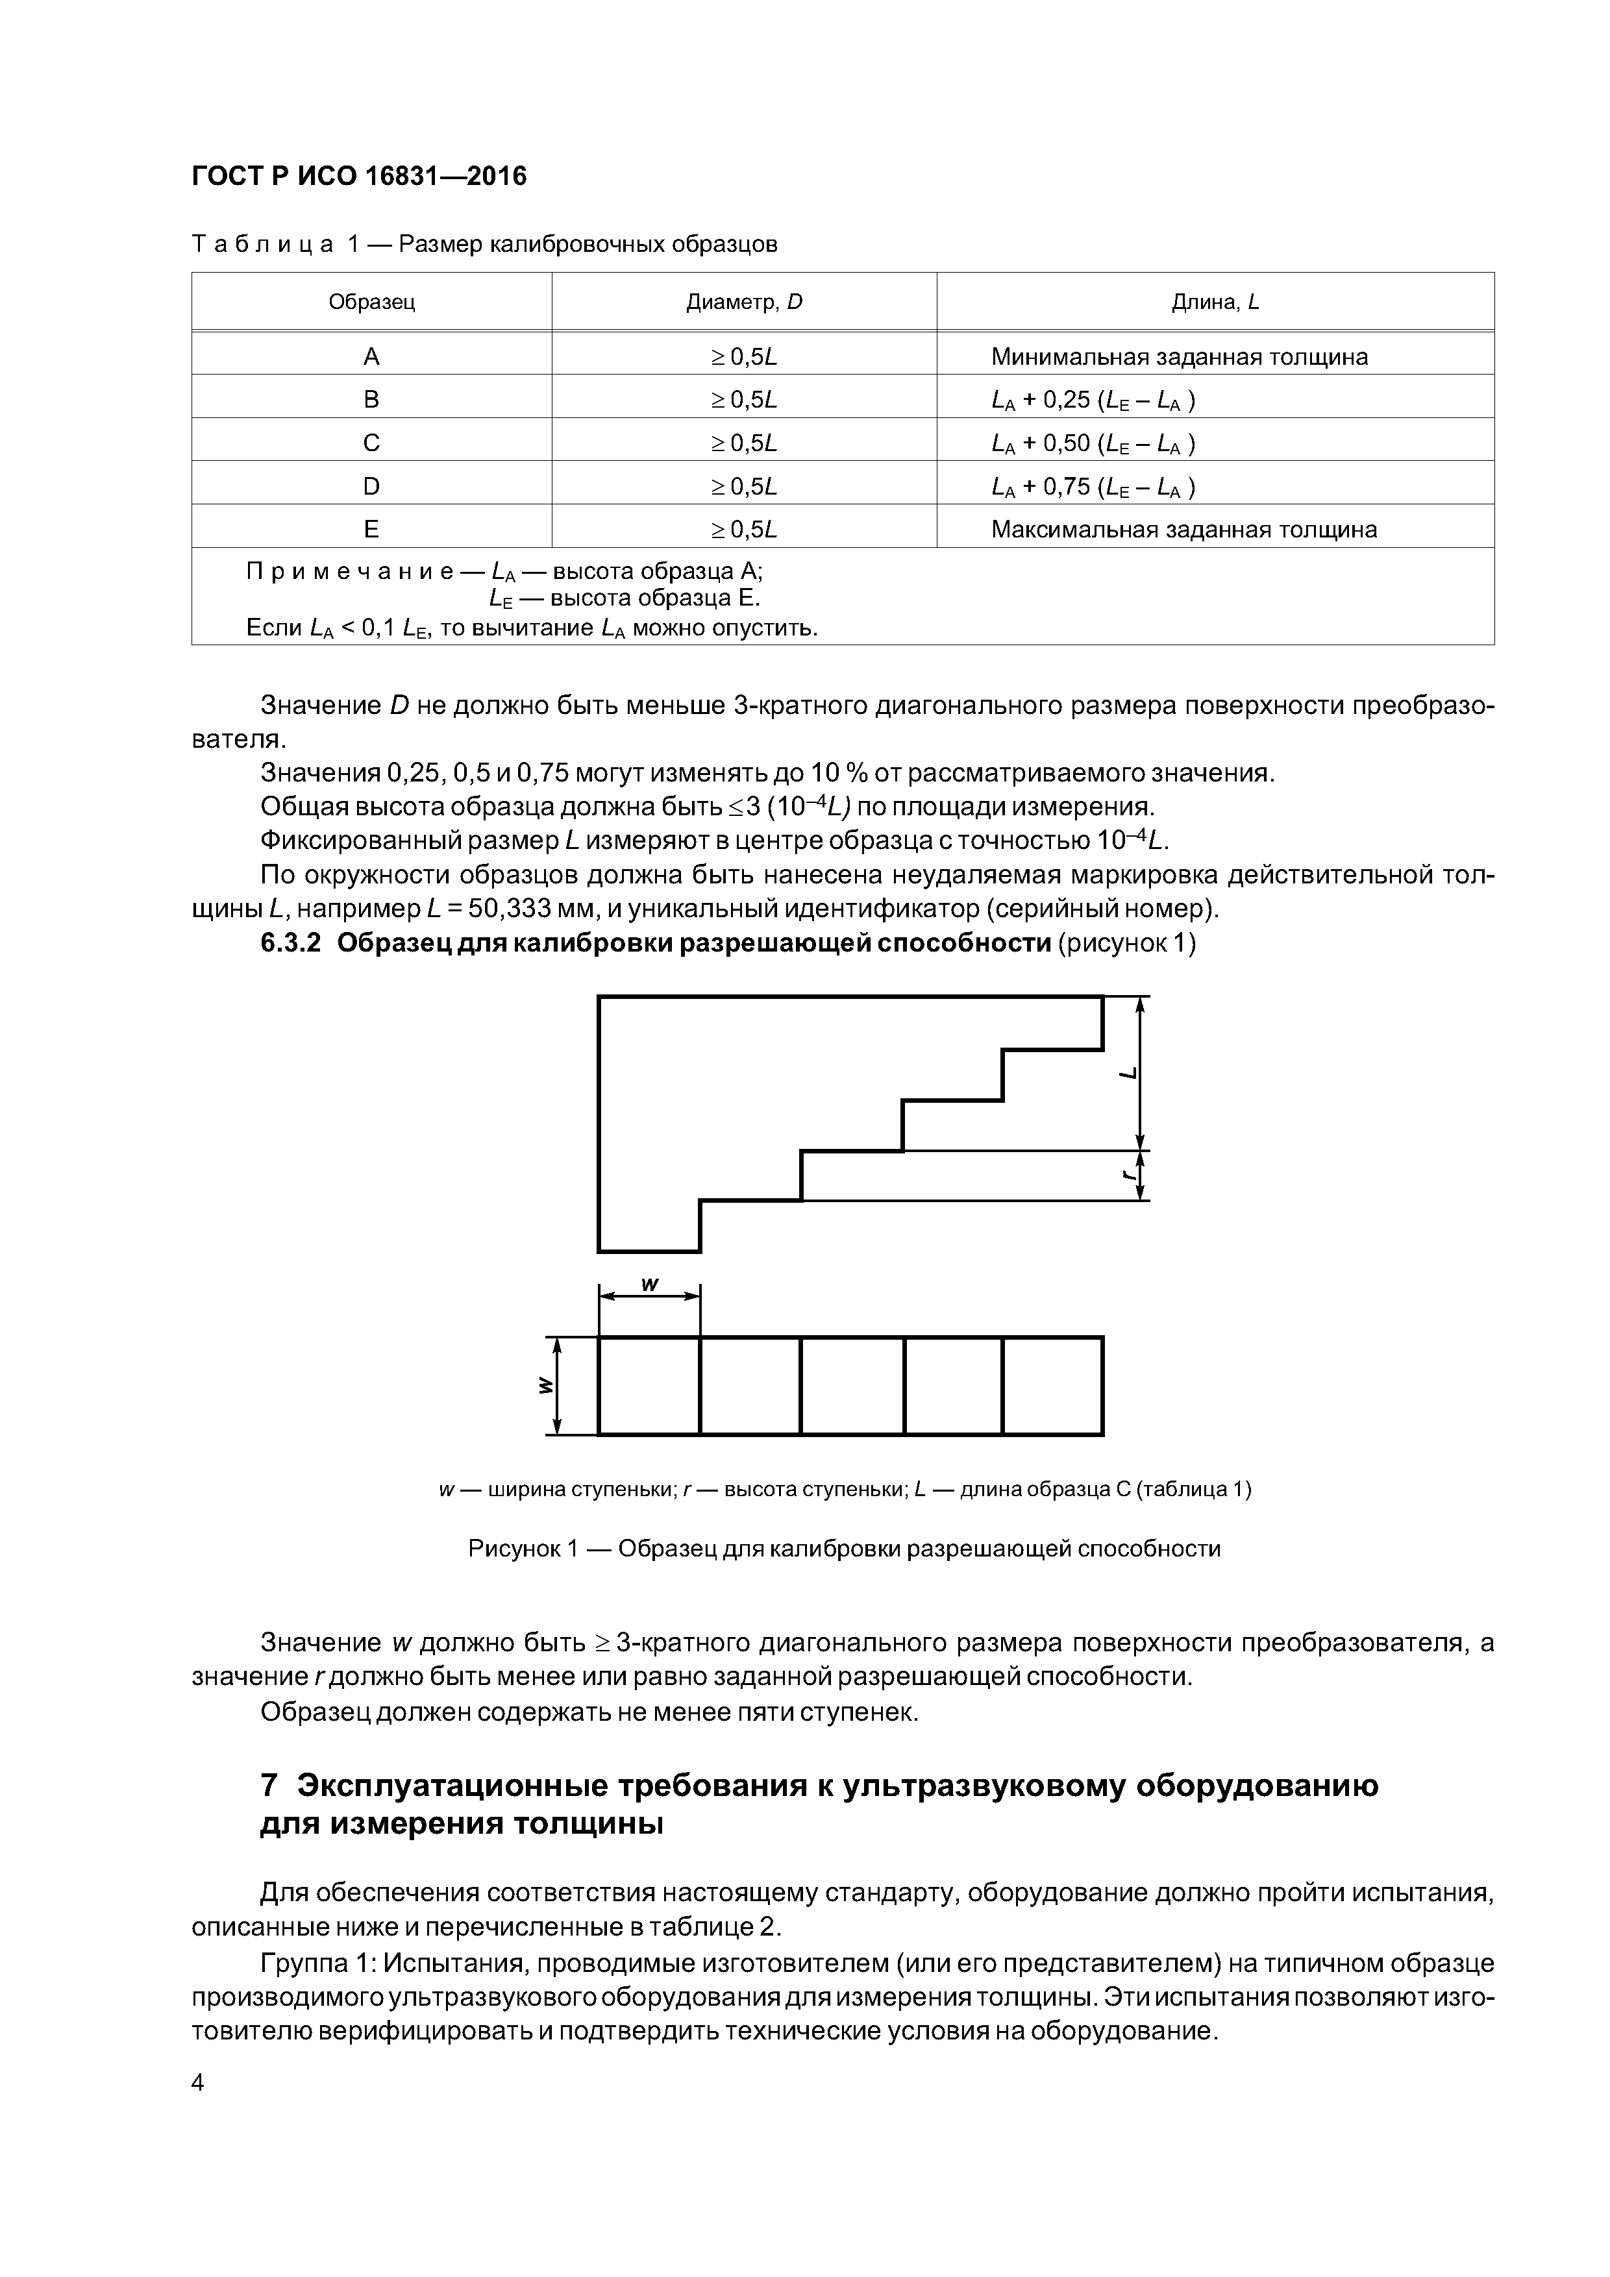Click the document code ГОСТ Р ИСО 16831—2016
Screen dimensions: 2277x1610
tap(358, 177)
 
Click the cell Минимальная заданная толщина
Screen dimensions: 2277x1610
tap(1178, 357)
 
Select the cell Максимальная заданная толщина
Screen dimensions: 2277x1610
tap(1183, 530)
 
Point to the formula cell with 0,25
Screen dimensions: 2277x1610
tap(1092, 400)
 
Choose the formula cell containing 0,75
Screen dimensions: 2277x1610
tap(1092, 487)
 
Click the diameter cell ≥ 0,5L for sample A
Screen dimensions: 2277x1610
tap(743, 357)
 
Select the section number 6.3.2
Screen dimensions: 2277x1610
tap(291, 943)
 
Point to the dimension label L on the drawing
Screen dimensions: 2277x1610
tap(1128, 1073)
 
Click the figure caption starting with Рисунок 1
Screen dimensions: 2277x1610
tap(843, 1548)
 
